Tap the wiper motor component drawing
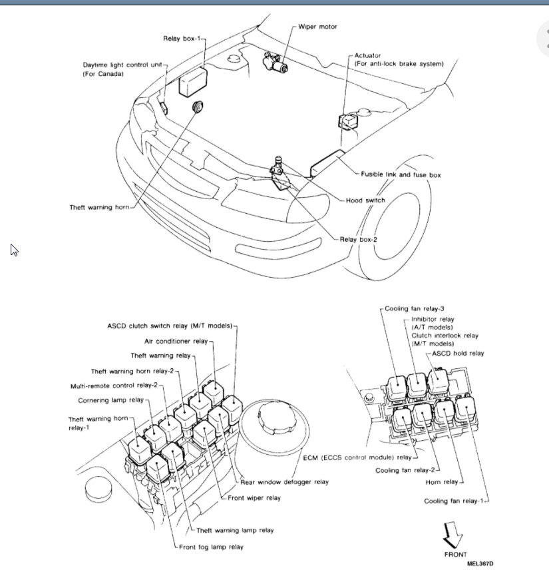point(275,63)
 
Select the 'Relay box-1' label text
point(182,39)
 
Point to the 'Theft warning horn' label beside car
point(99,207)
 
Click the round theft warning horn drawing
point(198,107)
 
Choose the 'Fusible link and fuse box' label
point(401,174)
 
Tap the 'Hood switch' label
point(365,200)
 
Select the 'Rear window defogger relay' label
point(284,481)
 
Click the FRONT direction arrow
point(455,535)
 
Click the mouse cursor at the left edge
point(13,249)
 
